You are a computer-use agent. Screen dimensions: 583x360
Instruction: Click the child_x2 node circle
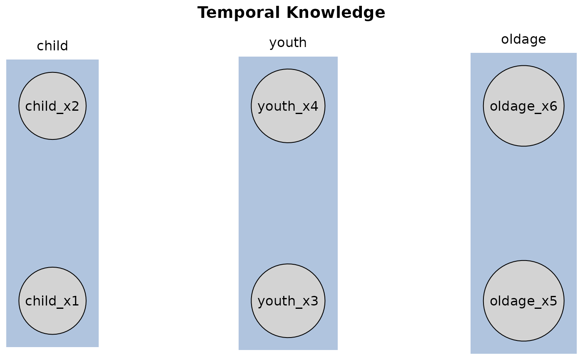(52, 106)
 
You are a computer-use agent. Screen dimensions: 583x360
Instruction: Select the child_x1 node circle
(52, 300)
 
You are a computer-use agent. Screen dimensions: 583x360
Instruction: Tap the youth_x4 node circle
(288, 106)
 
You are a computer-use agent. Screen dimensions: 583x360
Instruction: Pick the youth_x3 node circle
(288, 300)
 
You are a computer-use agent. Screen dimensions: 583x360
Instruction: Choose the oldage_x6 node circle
(524, 106)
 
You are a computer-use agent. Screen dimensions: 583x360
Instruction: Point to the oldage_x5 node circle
(524, 300)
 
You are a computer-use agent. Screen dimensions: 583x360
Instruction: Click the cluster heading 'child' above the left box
(52, 46)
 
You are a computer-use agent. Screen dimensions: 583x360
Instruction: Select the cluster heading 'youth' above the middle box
(288, 42)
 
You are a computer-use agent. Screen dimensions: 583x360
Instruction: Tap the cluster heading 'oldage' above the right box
(523, 40)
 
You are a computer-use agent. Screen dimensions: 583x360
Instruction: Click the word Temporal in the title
(239, 13)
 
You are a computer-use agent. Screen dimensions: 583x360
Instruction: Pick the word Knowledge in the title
(336, 13)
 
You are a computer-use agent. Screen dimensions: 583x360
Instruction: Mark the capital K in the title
(293, 12)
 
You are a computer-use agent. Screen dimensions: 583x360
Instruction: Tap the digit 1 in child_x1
(75, 301)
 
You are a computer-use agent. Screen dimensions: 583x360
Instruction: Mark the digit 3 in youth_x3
(314, 301)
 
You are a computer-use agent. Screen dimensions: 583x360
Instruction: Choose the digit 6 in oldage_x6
(553, 106)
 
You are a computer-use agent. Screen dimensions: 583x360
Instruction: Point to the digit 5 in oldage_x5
(553, 301)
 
